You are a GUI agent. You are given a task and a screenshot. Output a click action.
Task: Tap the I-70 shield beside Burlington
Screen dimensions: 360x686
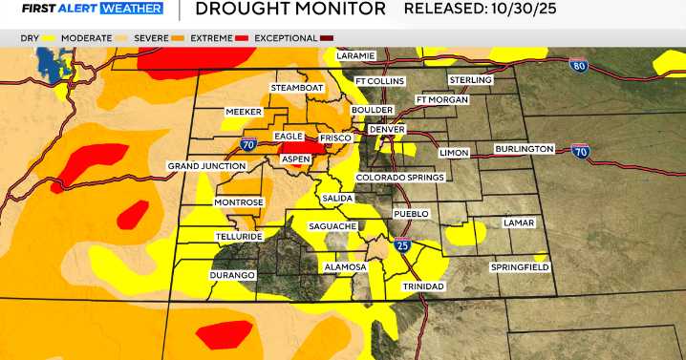579,151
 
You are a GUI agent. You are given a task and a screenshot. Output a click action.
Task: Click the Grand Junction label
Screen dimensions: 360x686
202,166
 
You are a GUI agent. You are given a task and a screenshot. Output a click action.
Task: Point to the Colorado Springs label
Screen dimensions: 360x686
399,178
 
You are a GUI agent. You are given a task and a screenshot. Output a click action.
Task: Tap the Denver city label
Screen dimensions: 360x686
387,129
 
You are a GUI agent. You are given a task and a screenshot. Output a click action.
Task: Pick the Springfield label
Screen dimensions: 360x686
519,266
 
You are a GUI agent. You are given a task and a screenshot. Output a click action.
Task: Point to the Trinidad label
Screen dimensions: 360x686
422,286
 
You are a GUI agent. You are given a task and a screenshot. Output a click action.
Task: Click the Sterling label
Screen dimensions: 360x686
469,80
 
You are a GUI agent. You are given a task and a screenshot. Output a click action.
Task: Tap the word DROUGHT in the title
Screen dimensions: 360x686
236,11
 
